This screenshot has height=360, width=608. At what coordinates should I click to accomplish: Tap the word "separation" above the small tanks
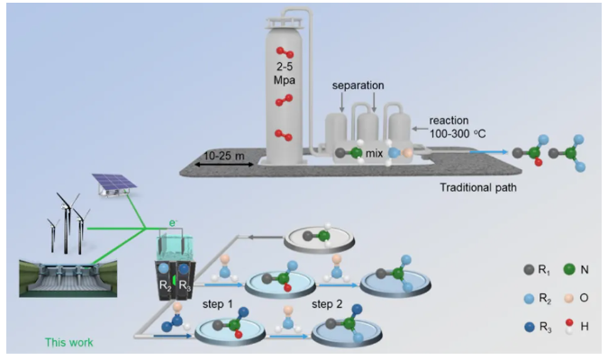pos(358,85)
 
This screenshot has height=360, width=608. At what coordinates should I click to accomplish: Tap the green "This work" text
pos(68,342)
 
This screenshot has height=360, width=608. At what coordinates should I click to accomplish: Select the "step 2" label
pos(331,304)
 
